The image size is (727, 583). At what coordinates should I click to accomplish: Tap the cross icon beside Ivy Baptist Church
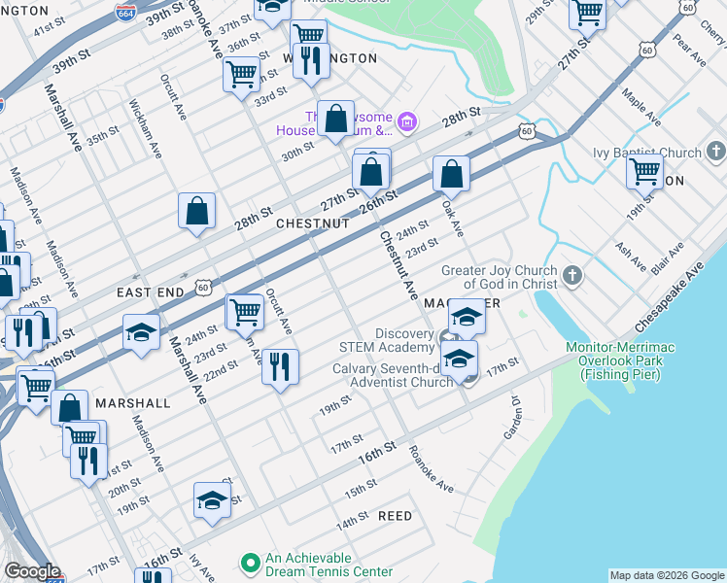[716, 152]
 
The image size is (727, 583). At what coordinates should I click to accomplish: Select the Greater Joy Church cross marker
[572, 276]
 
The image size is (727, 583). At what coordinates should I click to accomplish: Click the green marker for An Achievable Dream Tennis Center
[250, 563]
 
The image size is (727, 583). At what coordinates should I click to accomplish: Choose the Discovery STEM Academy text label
[386, 340]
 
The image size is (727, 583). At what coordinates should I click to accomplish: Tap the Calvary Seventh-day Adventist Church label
[393, 375]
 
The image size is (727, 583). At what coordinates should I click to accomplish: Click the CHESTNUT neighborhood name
[312, 223]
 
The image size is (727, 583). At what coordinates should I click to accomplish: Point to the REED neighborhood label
[395, 516]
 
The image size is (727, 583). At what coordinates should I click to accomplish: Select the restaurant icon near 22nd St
[280, 366]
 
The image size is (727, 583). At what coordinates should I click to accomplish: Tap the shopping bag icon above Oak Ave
[451, 174]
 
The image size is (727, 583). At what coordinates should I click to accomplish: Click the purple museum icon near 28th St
[407, 122]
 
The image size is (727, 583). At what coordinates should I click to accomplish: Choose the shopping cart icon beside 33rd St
[241, 74]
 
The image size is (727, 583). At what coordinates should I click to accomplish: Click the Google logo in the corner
[32, 571]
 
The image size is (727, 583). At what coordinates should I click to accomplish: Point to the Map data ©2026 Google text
[667, 575]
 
